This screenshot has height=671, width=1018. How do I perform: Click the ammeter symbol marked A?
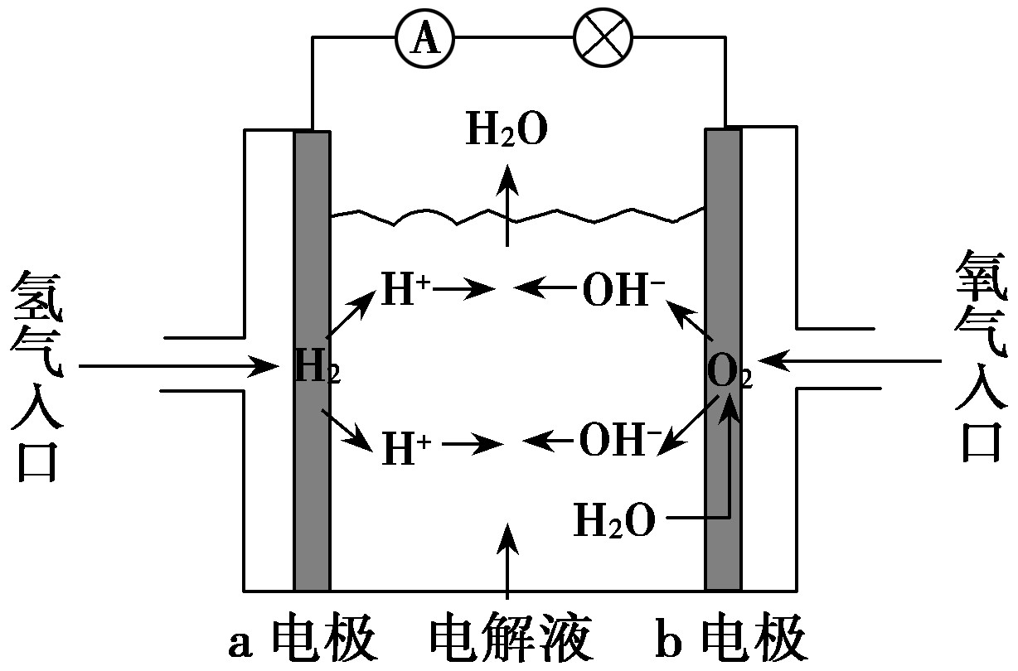point(426,39)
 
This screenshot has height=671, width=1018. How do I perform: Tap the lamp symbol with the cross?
point(603,39)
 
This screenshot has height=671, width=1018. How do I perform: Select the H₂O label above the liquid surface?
point(507,132)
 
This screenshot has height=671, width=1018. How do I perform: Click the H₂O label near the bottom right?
point(614,521)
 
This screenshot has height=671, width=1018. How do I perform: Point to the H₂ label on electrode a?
point(317,367)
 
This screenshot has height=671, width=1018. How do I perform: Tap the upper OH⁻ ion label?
point(623,290)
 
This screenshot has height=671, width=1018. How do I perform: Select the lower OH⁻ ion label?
point(621,441)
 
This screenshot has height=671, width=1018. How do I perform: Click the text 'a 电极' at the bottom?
point(303,641)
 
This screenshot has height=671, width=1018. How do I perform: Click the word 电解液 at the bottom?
point(510,641)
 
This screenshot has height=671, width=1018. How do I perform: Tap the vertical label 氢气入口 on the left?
point(36,377)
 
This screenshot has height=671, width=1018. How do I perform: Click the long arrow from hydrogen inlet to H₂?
point(178,365)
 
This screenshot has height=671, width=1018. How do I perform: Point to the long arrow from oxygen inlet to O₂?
point(854,361)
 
